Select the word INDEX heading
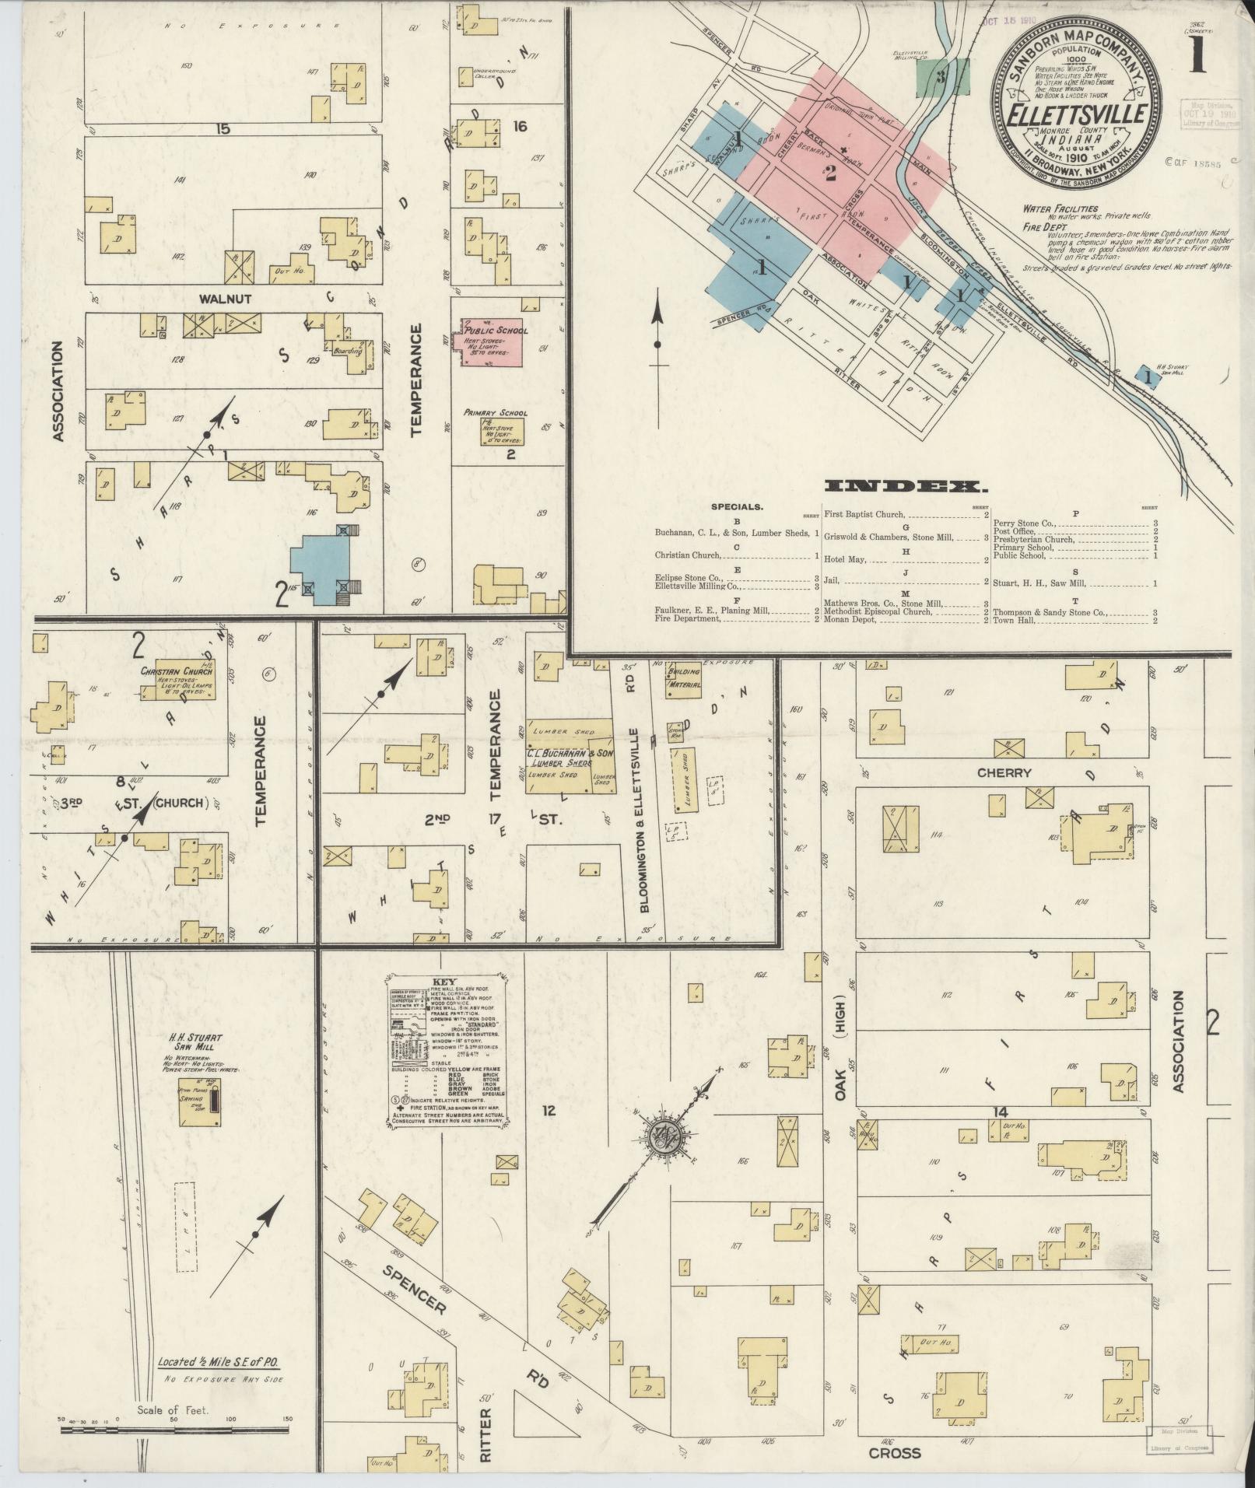(906, 487)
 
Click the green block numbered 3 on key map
(942, 78)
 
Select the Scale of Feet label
(172, 1409)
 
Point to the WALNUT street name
(222, 298)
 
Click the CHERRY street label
(1004, 772)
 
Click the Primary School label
(495, 413)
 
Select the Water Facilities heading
(1060, 208)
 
